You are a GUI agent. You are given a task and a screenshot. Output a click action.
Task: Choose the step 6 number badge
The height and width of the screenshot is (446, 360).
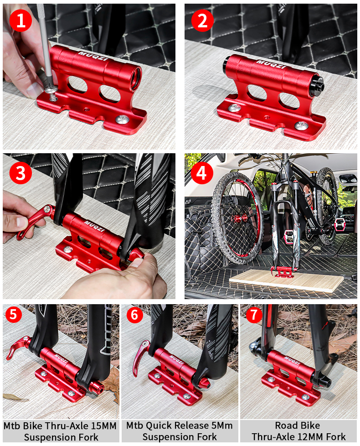pos(132,315)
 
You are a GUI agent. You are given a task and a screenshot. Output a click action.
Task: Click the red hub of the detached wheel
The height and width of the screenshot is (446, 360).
pos(237,218)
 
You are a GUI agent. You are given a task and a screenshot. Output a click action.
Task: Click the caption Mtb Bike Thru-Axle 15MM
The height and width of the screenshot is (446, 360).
pos(60,425)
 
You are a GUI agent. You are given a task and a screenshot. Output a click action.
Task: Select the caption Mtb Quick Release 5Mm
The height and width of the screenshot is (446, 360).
pos(180,425)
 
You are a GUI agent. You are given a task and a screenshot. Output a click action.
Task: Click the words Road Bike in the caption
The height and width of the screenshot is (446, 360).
pos(298,425)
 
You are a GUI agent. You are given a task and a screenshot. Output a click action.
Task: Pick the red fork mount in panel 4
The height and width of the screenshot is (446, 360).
pos(281,271)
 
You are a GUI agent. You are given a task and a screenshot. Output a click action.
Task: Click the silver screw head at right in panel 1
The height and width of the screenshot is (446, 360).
pos(122,119)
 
